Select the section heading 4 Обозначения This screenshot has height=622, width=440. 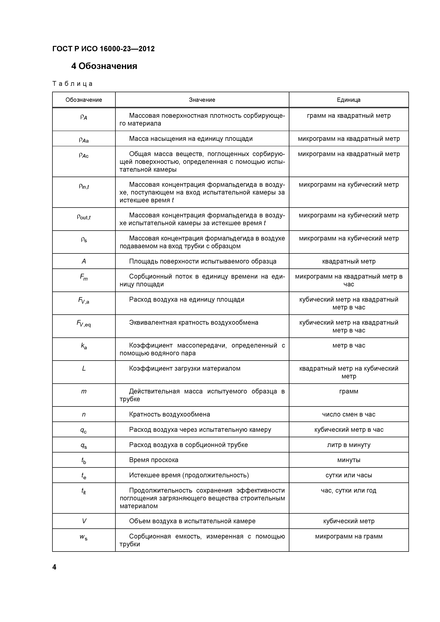point(104,66)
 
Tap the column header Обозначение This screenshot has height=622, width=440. point(84,100)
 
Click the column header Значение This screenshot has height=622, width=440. point(202,100)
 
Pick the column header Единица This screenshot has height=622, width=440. point(349,100)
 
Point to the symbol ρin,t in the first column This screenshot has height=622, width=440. point(84,186)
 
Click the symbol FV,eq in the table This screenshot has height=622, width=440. point(84,323)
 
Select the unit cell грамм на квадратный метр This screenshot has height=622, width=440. point(349,116)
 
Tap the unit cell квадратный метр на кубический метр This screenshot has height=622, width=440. point(349,372)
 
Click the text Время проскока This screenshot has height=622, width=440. point(153,460)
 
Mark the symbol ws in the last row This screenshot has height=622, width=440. point(84,537)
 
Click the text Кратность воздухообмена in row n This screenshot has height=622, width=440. point(169,414)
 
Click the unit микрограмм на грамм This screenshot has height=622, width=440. point(349,536)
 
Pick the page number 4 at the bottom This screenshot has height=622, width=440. point(54,567)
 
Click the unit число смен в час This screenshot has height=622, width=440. point(349,414)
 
